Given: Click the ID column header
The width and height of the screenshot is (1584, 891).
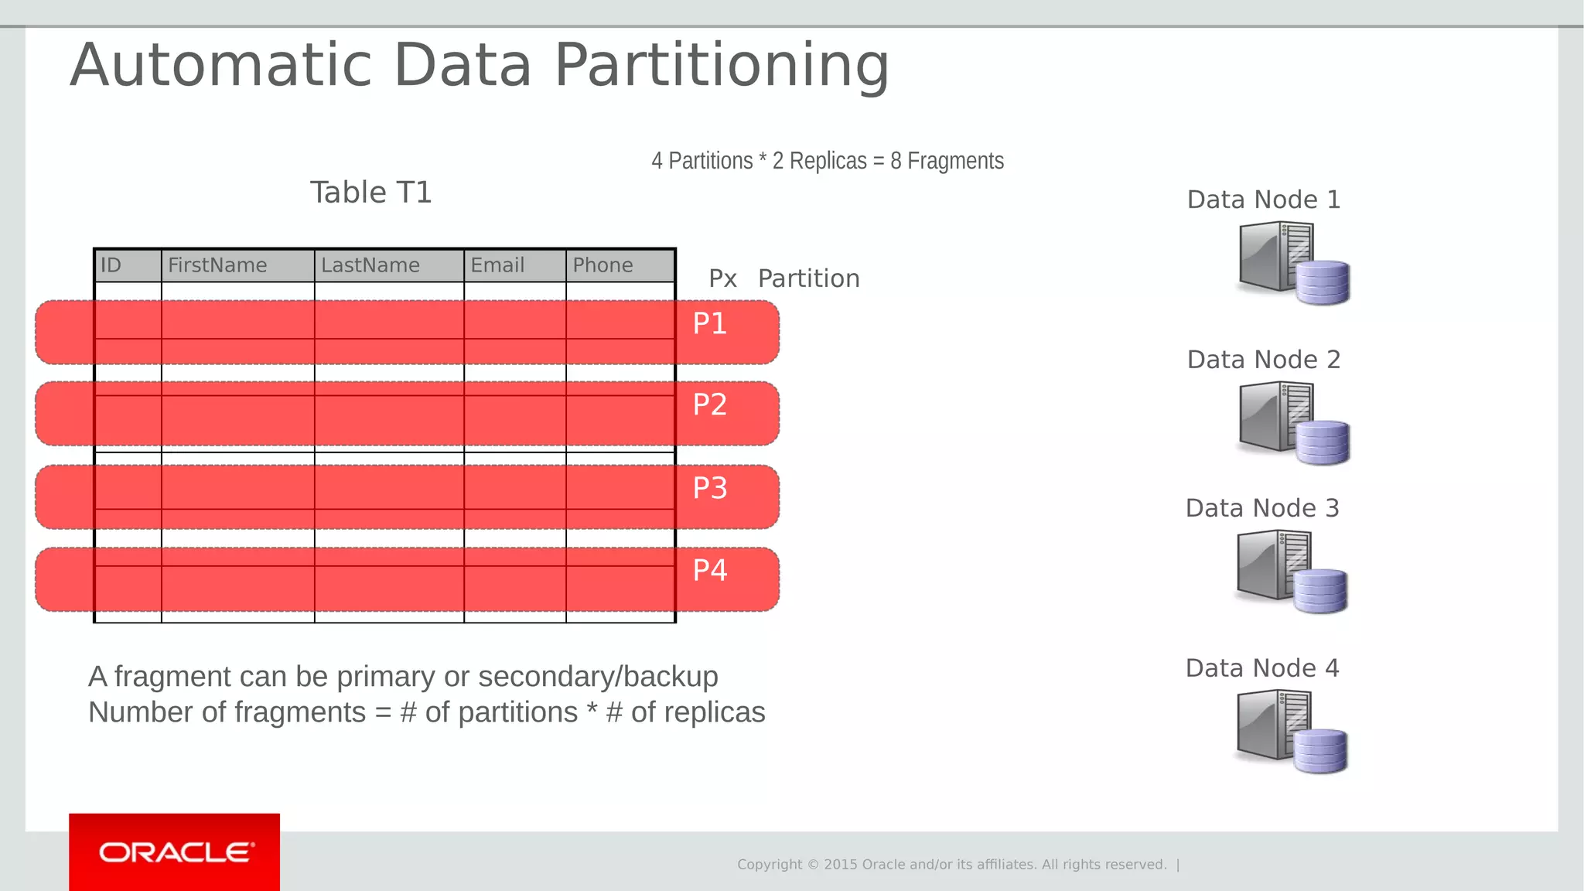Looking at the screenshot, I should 111,265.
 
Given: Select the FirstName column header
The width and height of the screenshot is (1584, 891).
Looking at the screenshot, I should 217,265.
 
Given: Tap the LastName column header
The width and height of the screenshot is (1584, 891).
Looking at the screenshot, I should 370,265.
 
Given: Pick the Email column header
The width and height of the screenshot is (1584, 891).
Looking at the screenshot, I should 497,265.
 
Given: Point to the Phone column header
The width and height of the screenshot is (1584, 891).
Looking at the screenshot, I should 603,265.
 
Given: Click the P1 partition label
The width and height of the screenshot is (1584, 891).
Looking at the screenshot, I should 709,323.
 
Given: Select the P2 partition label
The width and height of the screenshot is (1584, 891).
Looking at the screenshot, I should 709,405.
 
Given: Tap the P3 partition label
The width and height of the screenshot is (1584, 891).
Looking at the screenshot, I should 709,488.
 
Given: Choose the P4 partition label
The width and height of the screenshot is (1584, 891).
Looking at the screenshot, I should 709,570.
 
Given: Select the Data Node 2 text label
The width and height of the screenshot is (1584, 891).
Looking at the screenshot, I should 1263,360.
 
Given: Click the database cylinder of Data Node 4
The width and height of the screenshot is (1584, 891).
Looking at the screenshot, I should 1320,751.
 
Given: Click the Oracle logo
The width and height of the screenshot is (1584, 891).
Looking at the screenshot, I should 175,852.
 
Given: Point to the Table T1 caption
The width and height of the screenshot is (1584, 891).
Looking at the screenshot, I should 370,193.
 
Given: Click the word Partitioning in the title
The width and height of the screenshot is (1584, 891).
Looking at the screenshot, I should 722,65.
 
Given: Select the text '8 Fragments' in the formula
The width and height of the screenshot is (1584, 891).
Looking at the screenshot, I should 947,161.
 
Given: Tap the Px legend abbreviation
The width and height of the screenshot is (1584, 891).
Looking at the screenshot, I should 722,278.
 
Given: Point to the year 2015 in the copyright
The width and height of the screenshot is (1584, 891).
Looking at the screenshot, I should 841,865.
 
